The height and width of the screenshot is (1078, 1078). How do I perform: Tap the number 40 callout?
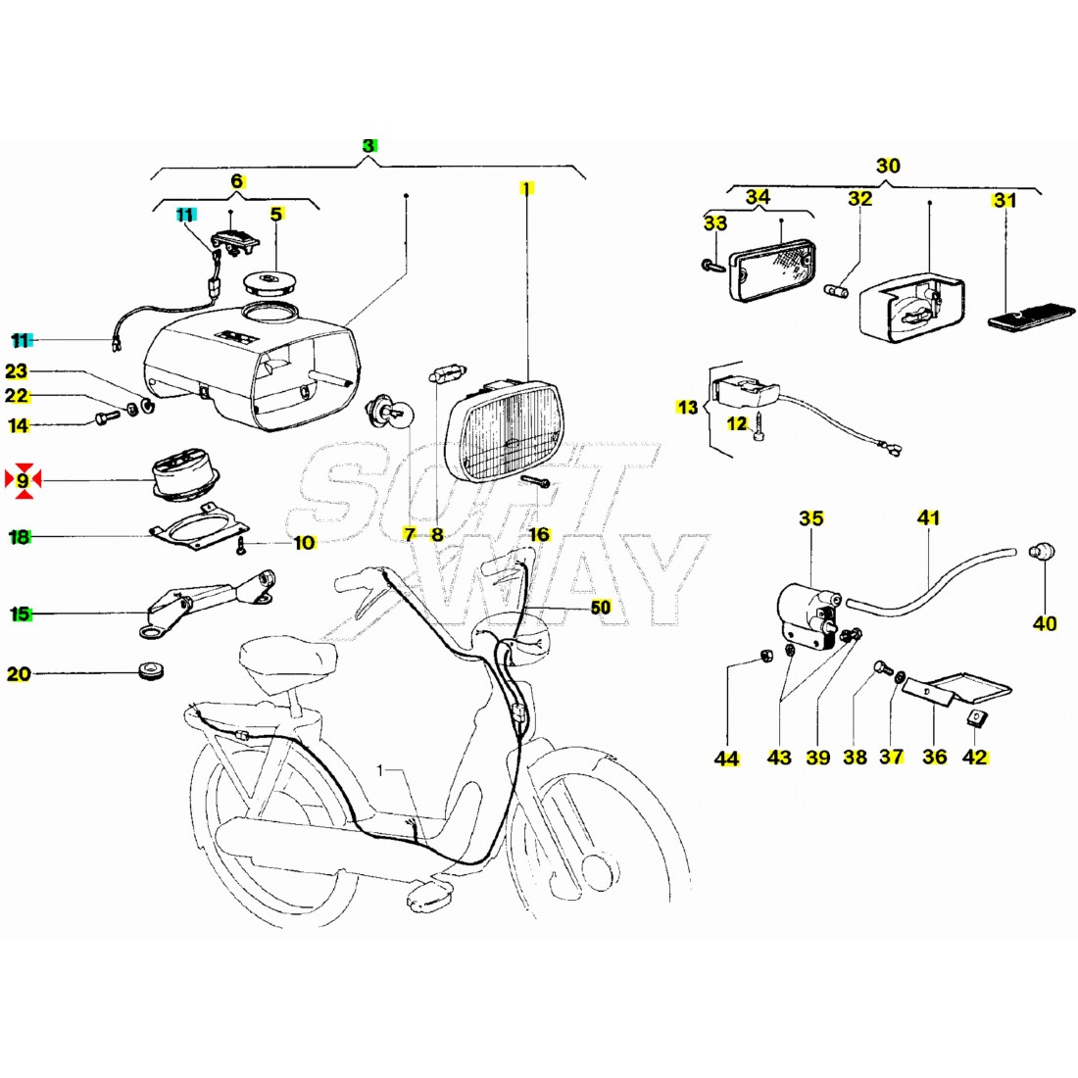pyautogui.click(x=1045, y=623)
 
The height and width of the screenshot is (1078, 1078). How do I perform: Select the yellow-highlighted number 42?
pyautogui.click(x=974, y=758)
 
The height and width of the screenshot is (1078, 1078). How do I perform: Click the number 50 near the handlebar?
pyautogui.click(x=601, y=608)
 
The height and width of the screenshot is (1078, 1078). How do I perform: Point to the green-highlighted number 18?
pyautogui.click(x=20, y=537)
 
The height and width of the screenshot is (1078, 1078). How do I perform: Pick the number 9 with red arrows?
pyautogui.click(x=22, y=480)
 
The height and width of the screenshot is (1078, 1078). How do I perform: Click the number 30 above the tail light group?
pyautogui.click(x=887, y=165)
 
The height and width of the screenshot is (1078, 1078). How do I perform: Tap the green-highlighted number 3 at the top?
pyautogui.click(x=368, y=145)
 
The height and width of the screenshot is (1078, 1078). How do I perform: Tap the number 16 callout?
pyautogui.click(x=539, y=534)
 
